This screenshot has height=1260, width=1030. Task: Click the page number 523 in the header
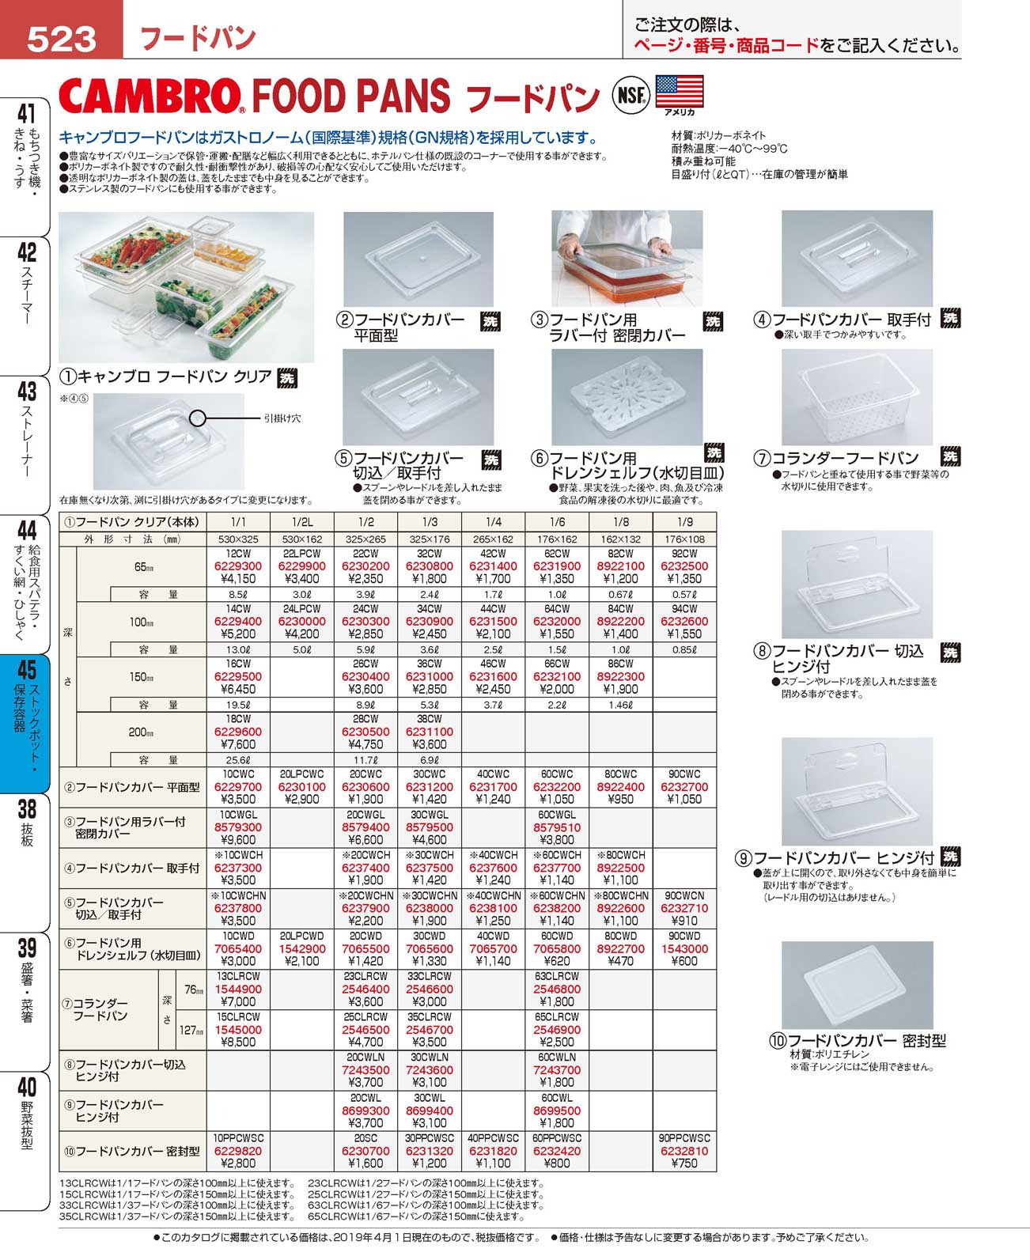[x=61, y=38]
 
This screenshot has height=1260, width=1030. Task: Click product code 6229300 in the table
[x=237, y=566]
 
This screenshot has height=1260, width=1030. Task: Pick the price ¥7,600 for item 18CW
[x=237, y=744]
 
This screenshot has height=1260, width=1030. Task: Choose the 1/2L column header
[x=301, y=522]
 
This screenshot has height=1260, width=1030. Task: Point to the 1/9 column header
[x=684, y=522]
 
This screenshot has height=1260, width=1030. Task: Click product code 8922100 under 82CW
[x=620, y=566]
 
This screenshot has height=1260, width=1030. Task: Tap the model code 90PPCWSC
[x=684, y=1137]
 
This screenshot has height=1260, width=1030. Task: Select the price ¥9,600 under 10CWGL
[x=237, y=839]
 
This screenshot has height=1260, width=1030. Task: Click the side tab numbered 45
[x=27, y=670]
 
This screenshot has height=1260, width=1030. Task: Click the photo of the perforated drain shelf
[x=627, y=397]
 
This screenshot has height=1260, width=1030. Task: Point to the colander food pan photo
[x=857, y=398]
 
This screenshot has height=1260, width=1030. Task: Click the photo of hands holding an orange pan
[x=627, y=259]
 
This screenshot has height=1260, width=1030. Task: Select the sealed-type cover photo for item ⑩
[x=857, y=985]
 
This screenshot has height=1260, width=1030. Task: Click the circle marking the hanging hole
[x=198, y=418]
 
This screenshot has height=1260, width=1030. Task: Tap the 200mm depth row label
[x=141, y=732]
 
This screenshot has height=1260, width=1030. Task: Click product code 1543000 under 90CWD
[x=684, y=948]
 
